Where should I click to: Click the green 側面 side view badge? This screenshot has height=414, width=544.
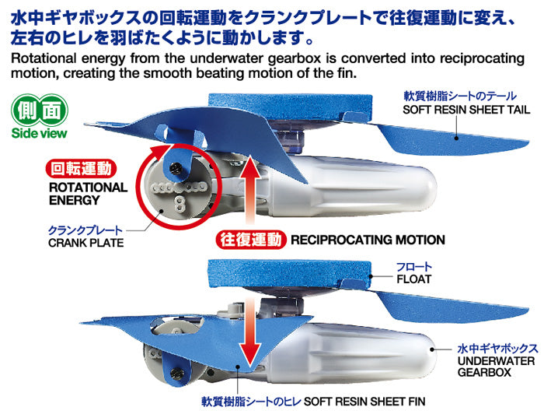click(39, 111)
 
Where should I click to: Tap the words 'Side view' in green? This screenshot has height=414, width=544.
click(39, 133)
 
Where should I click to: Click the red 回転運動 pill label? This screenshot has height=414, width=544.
click(81, 169)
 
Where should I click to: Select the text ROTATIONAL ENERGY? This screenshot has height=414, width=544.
click(88, 194)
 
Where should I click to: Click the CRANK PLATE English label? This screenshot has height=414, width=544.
click(86, 243)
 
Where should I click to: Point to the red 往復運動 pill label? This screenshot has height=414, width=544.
click(251, 240)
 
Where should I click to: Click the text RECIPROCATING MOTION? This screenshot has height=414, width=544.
click(368, 240)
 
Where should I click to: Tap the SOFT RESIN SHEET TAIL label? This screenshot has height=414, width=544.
click(466, 110)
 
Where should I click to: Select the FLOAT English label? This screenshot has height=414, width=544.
click(413, 279)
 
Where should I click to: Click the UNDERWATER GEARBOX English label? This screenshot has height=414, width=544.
click(496, 367)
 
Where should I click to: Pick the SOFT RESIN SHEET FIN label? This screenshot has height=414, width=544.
click(364, 402)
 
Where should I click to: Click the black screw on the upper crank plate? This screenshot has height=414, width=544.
click(174, 168)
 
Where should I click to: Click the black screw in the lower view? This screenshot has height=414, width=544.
click(176, 373)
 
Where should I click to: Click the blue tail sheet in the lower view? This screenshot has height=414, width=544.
click(451, 307)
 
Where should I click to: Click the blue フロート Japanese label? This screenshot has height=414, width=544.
click(414, 267)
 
